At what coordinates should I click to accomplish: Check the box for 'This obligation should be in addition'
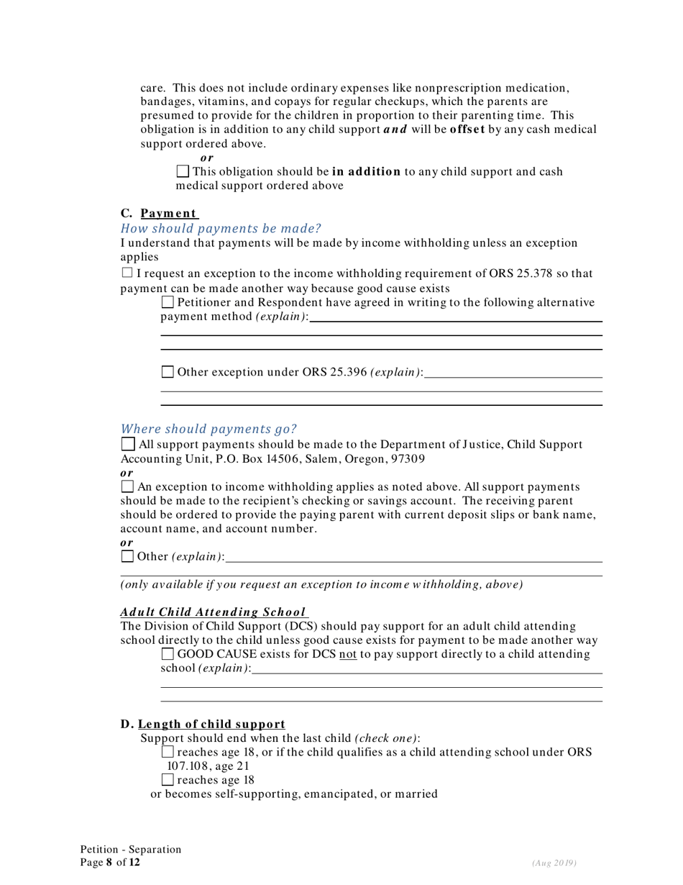point(183,172)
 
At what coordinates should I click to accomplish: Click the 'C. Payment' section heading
point(160,213)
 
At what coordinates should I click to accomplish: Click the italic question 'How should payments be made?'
point(221,228)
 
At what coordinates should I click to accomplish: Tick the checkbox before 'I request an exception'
point(127,273)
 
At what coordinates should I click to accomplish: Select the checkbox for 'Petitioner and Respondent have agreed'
point(168,303)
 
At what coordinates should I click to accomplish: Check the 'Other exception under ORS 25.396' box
point(168,372)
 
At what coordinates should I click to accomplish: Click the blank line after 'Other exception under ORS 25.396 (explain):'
point(513,373)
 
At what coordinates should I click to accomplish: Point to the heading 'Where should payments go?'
point(208,429)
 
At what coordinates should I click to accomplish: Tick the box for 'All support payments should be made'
point(127,445)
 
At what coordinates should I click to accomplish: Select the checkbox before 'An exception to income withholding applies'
point(127,488)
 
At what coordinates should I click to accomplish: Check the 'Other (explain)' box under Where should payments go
point(127,556)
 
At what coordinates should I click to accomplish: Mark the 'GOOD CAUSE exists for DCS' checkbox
point(168,654)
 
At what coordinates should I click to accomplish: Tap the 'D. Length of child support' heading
point(203,724)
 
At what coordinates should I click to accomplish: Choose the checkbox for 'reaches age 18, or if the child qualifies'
point(168,752)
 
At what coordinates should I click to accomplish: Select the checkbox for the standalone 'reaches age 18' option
point(168,780)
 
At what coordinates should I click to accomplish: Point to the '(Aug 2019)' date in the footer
point(554,863)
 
